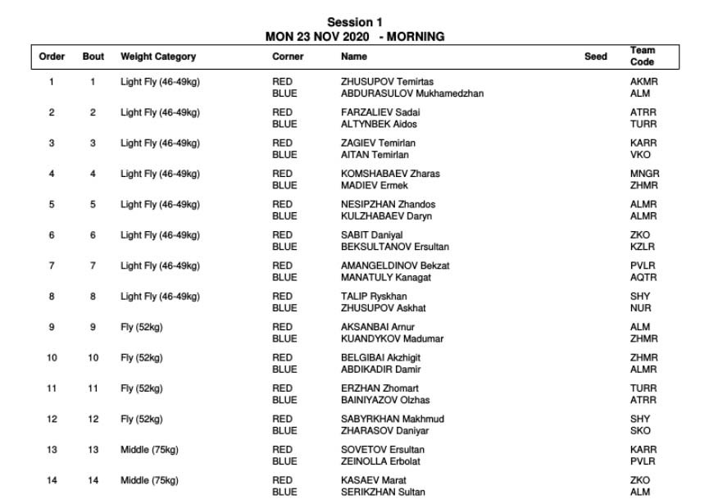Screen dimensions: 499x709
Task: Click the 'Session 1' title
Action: coord(354,22)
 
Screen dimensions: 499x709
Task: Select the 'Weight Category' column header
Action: coord(158,57)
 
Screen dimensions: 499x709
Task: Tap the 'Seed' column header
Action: coord(596,57)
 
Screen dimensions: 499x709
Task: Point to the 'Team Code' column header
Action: coord(643,57)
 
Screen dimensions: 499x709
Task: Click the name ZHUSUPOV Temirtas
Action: coord(387,82)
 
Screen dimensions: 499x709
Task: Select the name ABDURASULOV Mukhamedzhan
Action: coord(411,93)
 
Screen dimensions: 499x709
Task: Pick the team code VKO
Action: coord(640,155)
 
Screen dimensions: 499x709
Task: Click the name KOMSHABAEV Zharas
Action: coord(390,174)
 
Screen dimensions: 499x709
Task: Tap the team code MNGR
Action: coord(644,174)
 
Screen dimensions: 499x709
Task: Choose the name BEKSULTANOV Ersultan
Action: coord(394,247)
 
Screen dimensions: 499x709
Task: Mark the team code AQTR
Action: coord(643,278)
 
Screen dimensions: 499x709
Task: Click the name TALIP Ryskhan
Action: coord(374,297)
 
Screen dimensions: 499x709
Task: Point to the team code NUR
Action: coord(640,308)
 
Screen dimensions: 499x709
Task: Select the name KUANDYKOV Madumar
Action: coord(392,339)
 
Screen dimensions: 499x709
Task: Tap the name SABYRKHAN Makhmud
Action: coord(392,419)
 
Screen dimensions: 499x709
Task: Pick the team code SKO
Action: coord(640,431)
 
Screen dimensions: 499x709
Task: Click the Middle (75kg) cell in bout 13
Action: coord(149,450)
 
